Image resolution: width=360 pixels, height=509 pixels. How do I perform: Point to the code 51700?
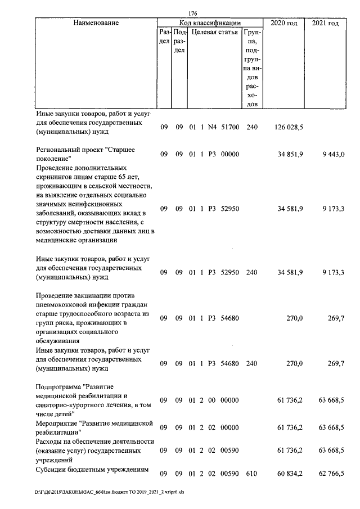click(x=230, y=128)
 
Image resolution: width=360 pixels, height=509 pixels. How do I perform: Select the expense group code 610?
click(x=252, y=474)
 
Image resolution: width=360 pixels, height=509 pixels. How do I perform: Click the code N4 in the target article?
click(x=212, y=128)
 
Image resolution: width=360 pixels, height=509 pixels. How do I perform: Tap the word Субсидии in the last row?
click(x=53, y=470)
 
